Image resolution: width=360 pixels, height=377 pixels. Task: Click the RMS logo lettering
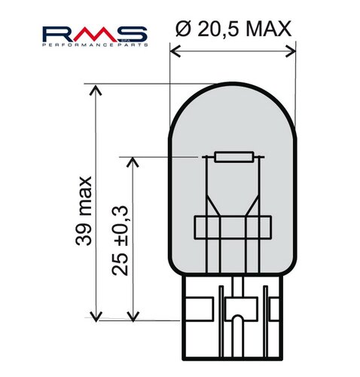tap(95, 34)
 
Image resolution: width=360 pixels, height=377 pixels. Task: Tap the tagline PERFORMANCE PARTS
tap(95, 45)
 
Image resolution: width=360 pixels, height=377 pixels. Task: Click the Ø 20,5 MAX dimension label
tap(233, 28)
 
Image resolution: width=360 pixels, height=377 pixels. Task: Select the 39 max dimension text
tap(84, 210)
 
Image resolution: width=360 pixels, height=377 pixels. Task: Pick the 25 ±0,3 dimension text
tap(120, 241)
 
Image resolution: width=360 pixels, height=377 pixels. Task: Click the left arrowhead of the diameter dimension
tap(175, 51)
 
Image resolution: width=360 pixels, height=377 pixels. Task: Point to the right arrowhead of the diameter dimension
tap(291, 51)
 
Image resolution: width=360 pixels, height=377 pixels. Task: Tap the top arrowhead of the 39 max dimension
tap(96, 90)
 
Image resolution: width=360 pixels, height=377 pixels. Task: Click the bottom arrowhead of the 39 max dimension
tap(96, 317)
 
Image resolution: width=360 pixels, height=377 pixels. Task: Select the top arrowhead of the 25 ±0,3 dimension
tap(133, 162)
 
